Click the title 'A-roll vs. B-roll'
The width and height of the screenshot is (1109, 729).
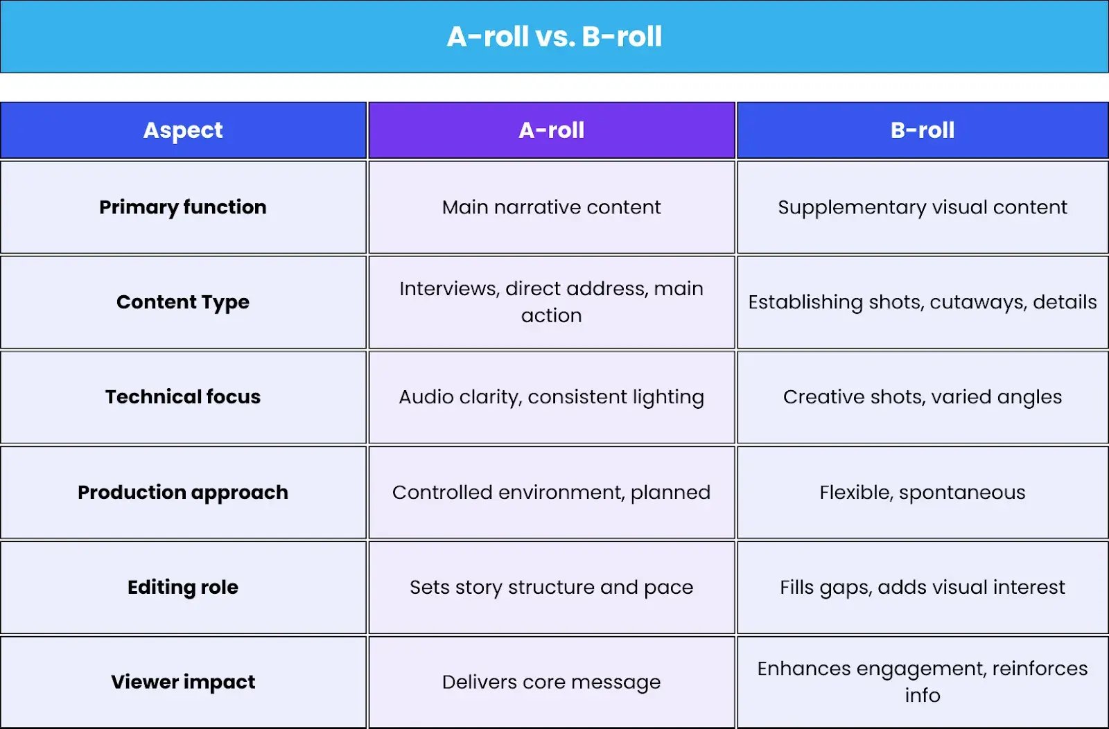[x=554, y=37]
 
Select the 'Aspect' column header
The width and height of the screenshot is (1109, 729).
[x=183, y=130]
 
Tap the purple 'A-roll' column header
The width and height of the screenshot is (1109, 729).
[x=552, y=130]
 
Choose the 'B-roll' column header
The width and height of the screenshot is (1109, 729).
[x=923, y=130]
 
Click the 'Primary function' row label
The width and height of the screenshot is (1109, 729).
[x=183, y=207]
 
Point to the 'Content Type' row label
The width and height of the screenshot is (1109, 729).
[x=183, y=302]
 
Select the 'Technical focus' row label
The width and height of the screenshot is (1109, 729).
[x=183, y=397]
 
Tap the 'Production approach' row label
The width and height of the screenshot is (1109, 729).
[x=183, y=493]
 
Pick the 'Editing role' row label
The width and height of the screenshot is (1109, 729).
[x=183, y=588]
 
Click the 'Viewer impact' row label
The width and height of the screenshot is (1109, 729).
[x=183, y=682]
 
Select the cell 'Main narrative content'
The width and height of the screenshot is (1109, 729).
[x=552, y=207]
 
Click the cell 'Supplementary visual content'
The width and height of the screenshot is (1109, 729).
[x=923, y=207]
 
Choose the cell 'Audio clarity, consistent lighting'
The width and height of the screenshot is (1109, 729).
[x=552, y=397]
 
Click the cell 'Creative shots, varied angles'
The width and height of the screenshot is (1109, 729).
[x=923, y=397]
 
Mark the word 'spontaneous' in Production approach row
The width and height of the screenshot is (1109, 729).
[x=962, y=493]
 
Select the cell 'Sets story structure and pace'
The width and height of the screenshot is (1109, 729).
[x=552, y=588]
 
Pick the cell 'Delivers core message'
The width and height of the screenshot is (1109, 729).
[x=552, y=683]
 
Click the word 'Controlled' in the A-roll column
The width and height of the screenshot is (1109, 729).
[x=443, y=493]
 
